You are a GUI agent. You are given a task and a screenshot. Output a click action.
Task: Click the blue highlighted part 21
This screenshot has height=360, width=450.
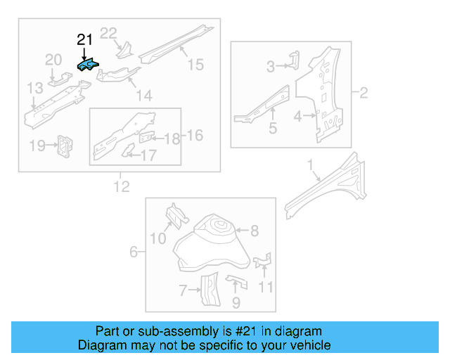(x=88, y=66)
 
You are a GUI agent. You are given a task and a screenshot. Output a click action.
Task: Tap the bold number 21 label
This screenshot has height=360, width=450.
(x=84, y=40)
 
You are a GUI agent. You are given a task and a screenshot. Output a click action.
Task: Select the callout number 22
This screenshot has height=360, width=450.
(x=108, y=33)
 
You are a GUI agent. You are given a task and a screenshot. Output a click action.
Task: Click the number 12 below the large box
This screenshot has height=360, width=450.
(x=122, y=186)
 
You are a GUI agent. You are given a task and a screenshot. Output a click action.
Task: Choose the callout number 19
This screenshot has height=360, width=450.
(x=37, y=146)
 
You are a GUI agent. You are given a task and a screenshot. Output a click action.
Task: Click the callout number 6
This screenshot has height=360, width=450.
(x=134, y=251)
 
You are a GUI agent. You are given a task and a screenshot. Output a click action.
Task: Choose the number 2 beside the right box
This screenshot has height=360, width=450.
(x=364, y=92)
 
